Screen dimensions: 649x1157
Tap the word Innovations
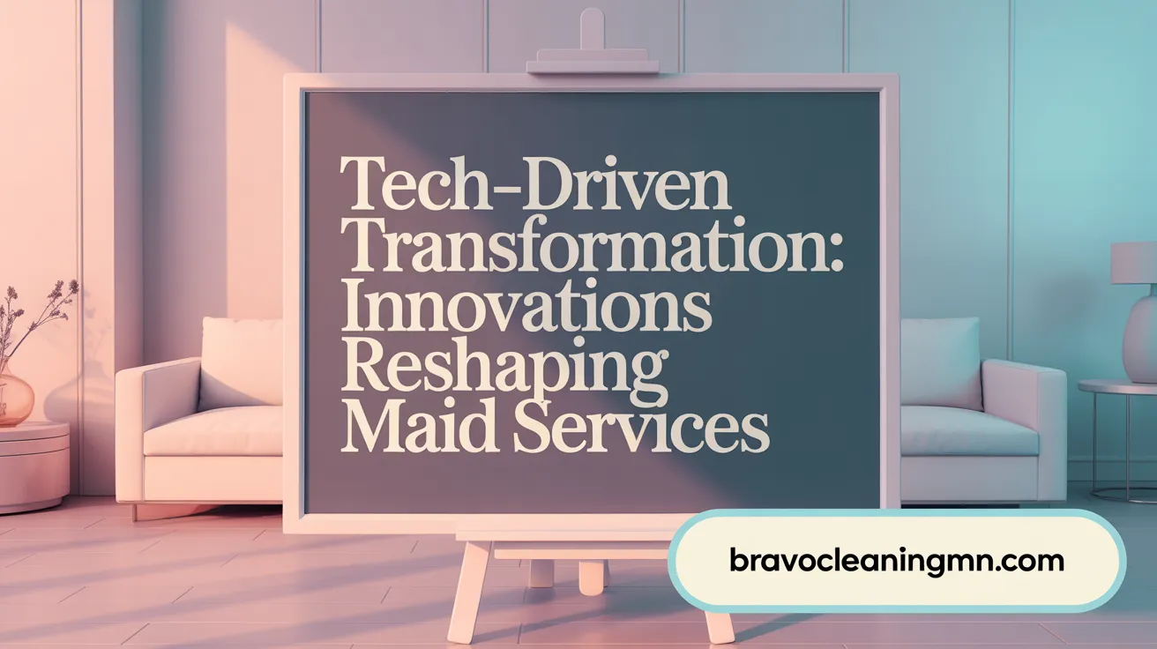click(526, 308)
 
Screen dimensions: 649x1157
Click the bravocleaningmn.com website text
click(897, 560)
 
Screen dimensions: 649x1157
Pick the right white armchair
click(979, 423)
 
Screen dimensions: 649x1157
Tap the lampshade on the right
click(1134, 263)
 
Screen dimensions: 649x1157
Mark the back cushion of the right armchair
click(940, 362)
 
